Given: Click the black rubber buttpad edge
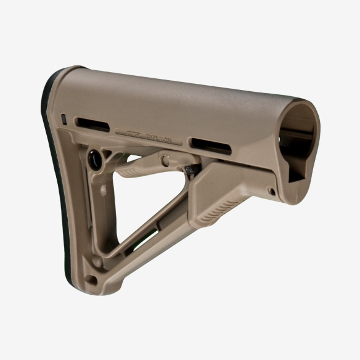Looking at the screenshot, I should [51, 154].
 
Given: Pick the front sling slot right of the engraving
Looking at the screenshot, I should [211, 146].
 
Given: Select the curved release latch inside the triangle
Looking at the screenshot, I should [142, 169].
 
